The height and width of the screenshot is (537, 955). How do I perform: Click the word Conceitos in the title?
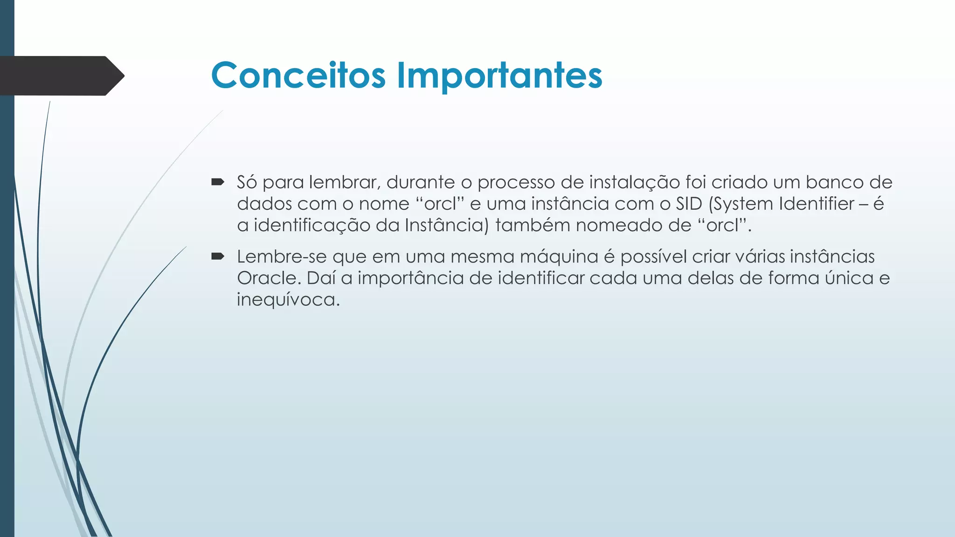[x=298, y=76]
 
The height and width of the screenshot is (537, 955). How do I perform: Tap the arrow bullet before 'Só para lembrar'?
[x=218, y=182]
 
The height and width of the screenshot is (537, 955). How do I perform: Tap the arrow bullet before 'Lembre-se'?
[x=218, y=256]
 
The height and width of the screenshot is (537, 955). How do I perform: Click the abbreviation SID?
[x=689, y=204]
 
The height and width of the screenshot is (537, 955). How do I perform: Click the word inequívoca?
[x=288, y=300]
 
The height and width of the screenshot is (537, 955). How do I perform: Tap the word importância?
[x=411, y=278]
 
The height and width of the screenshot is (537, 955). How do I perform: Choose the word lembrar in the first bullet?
[x=345, y=182]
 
